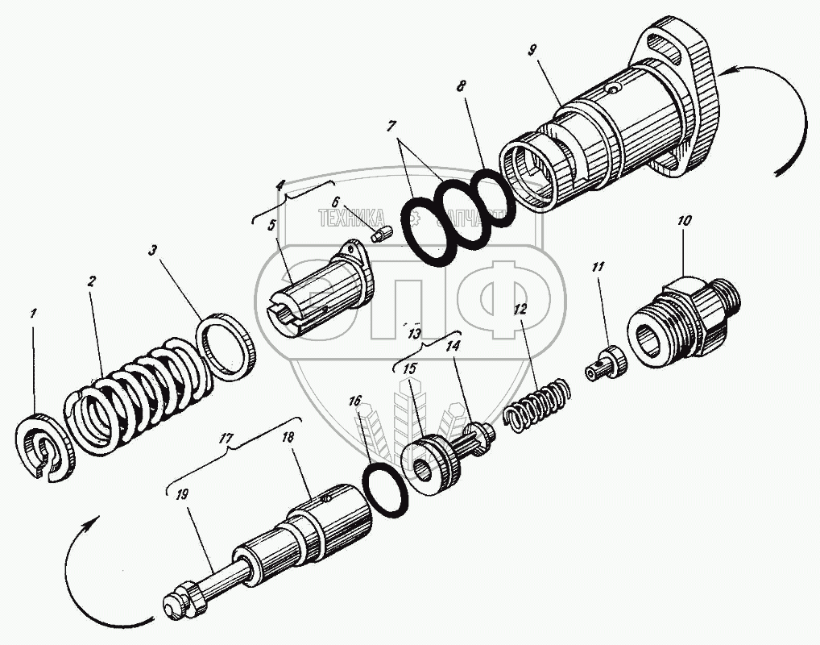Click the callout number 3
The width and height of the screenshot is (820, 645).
[x=151, y=251]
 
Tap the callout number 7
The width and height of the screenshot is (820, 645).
[x=390, y=127]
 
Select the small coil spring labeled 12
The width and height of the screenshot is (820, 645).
[x=537, y=404]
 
